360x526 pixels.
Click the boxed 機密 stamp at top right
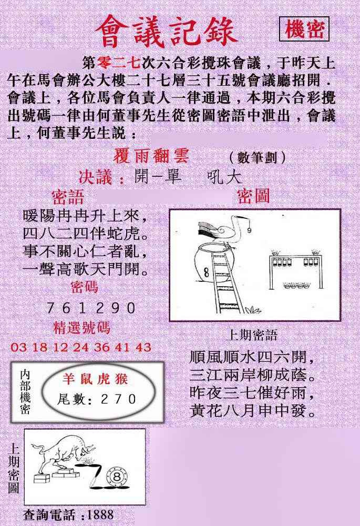304,29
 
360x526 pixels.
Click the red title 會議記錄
167,32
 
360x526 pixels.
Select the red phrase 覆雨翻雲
151,156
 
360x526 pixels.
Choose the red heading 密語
68,197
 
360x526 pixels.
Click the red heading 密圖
253,196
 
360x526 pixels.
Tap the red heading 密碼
85,287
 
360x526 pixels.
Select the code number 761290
91,308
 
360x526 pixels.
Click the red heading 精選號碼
81,328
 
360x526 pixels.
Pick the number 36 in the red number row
102,347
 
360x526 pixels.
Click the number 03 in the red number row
19,347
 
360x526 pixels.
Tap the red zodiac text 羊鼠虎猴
95,379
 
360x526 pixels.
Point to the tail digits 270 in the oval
119,399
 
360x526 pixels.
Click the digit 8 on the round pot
207,272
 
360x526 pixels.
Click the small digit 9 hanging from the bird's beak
250,230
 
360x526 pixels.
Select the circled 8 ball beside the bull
117,477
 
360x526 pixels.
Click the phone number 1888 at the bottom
100,515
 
